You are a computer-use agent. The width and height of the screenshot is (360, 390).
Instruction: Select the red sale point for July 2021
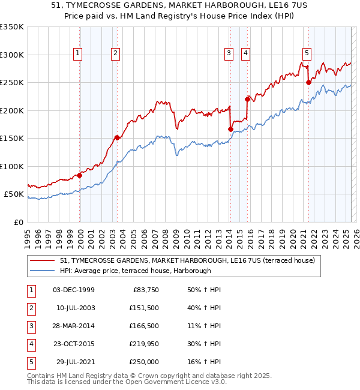pos(308,83)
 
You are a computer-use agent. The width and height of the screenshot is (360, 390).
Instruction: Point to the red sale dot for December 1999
pos(79,176)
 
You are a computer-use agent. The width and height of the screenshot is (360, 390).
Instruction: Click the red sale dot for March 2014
pos(230,129)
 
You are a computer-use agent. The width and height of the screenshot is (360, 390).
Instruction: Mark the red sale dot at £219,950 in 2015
pos(247,99)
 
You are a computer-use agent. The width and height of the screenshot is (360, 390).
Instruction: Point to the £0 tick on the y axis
pos(17,223)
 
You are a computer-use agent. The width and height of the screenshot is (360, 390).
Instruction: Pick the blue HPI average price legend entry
pos(135,271)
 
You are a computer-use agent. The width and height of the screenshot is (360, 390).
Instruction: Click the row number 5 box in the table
pos(30,362)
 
